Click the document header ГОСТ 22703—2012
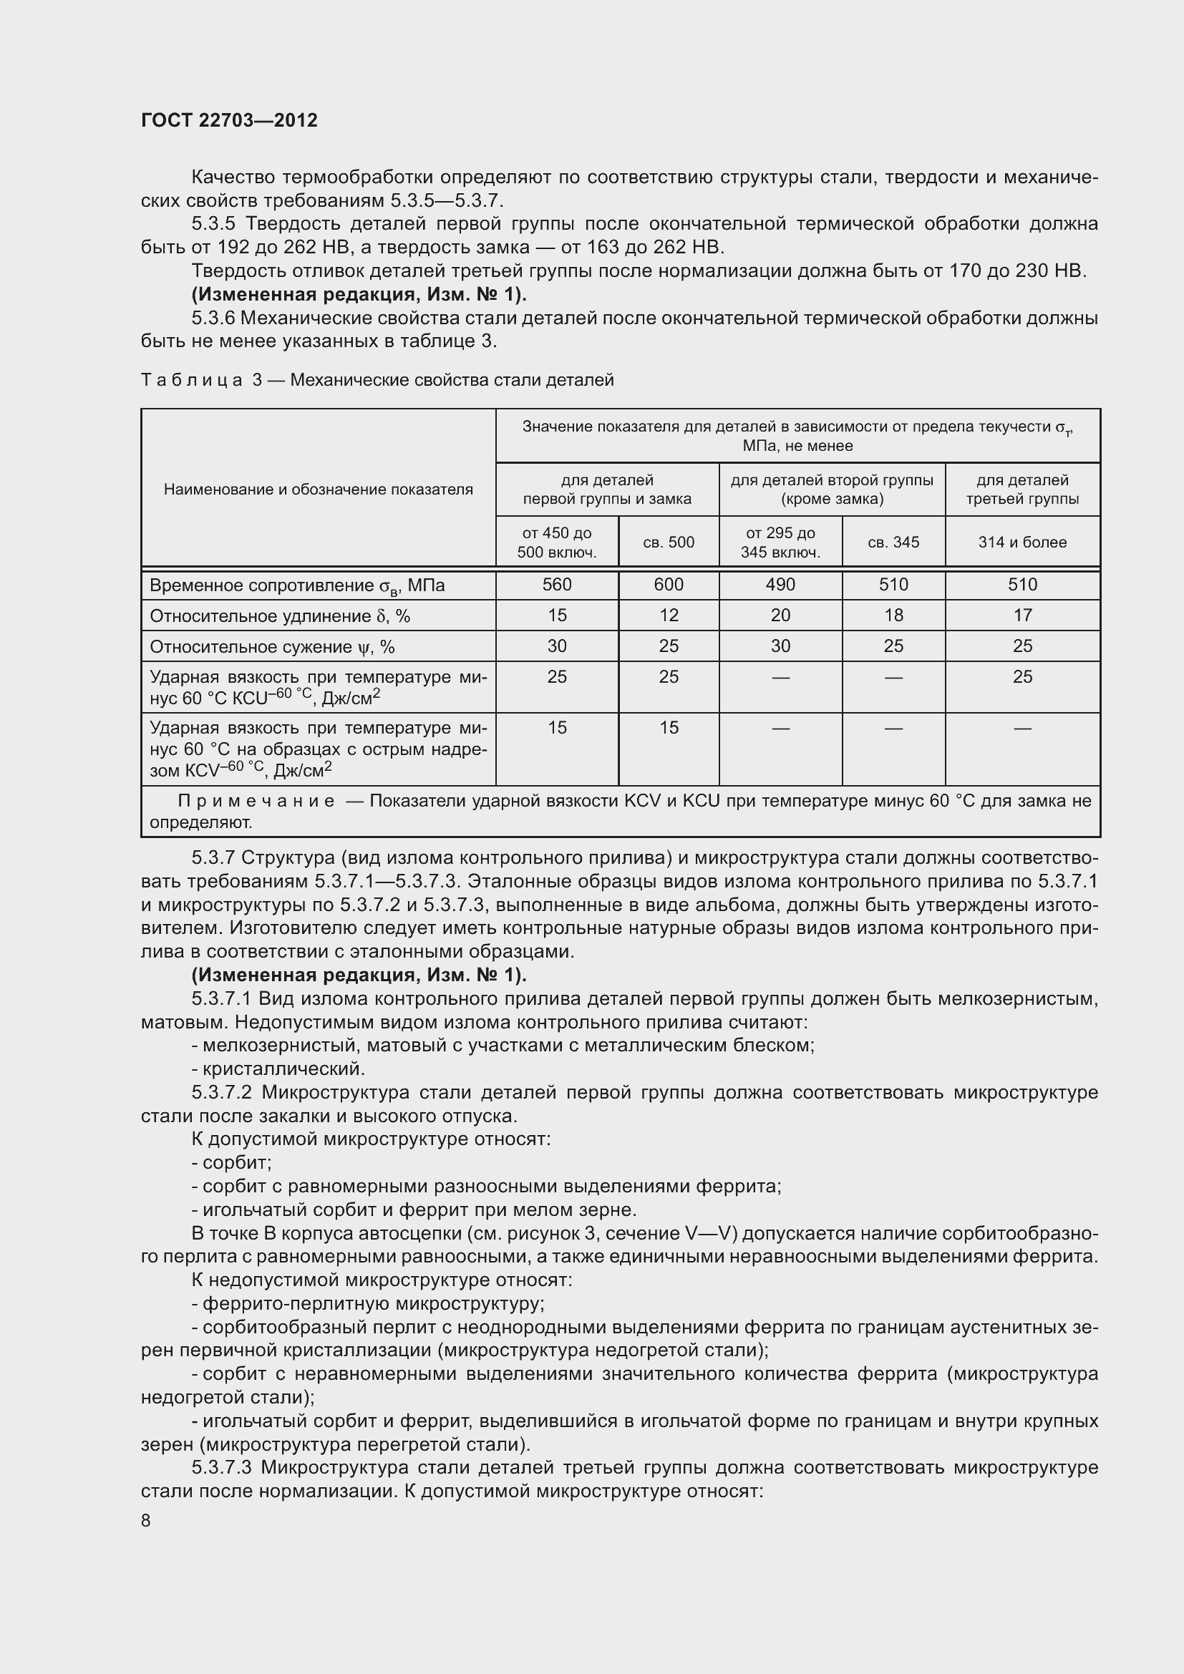coord(229,120)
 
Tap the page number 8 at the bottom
coord(146,1520)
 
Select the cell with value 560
coord(557,585)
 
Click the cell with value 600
coord(669,585)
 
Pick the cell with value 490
coord(780,585)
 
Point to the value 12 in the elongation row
coord(669,615)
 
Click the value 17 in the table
coord(1022,615)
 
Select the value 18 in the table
coord(893,615)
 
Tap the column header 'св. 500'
coord(669,542)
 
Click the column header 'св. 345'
coord(893,542)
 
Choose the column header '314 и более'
coord(1022,542)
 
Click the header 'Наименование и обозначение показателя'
coord(318,490)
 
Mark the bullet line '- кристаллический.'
coord(278,1069)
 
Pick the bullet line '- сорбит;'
coord(231,1163)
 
